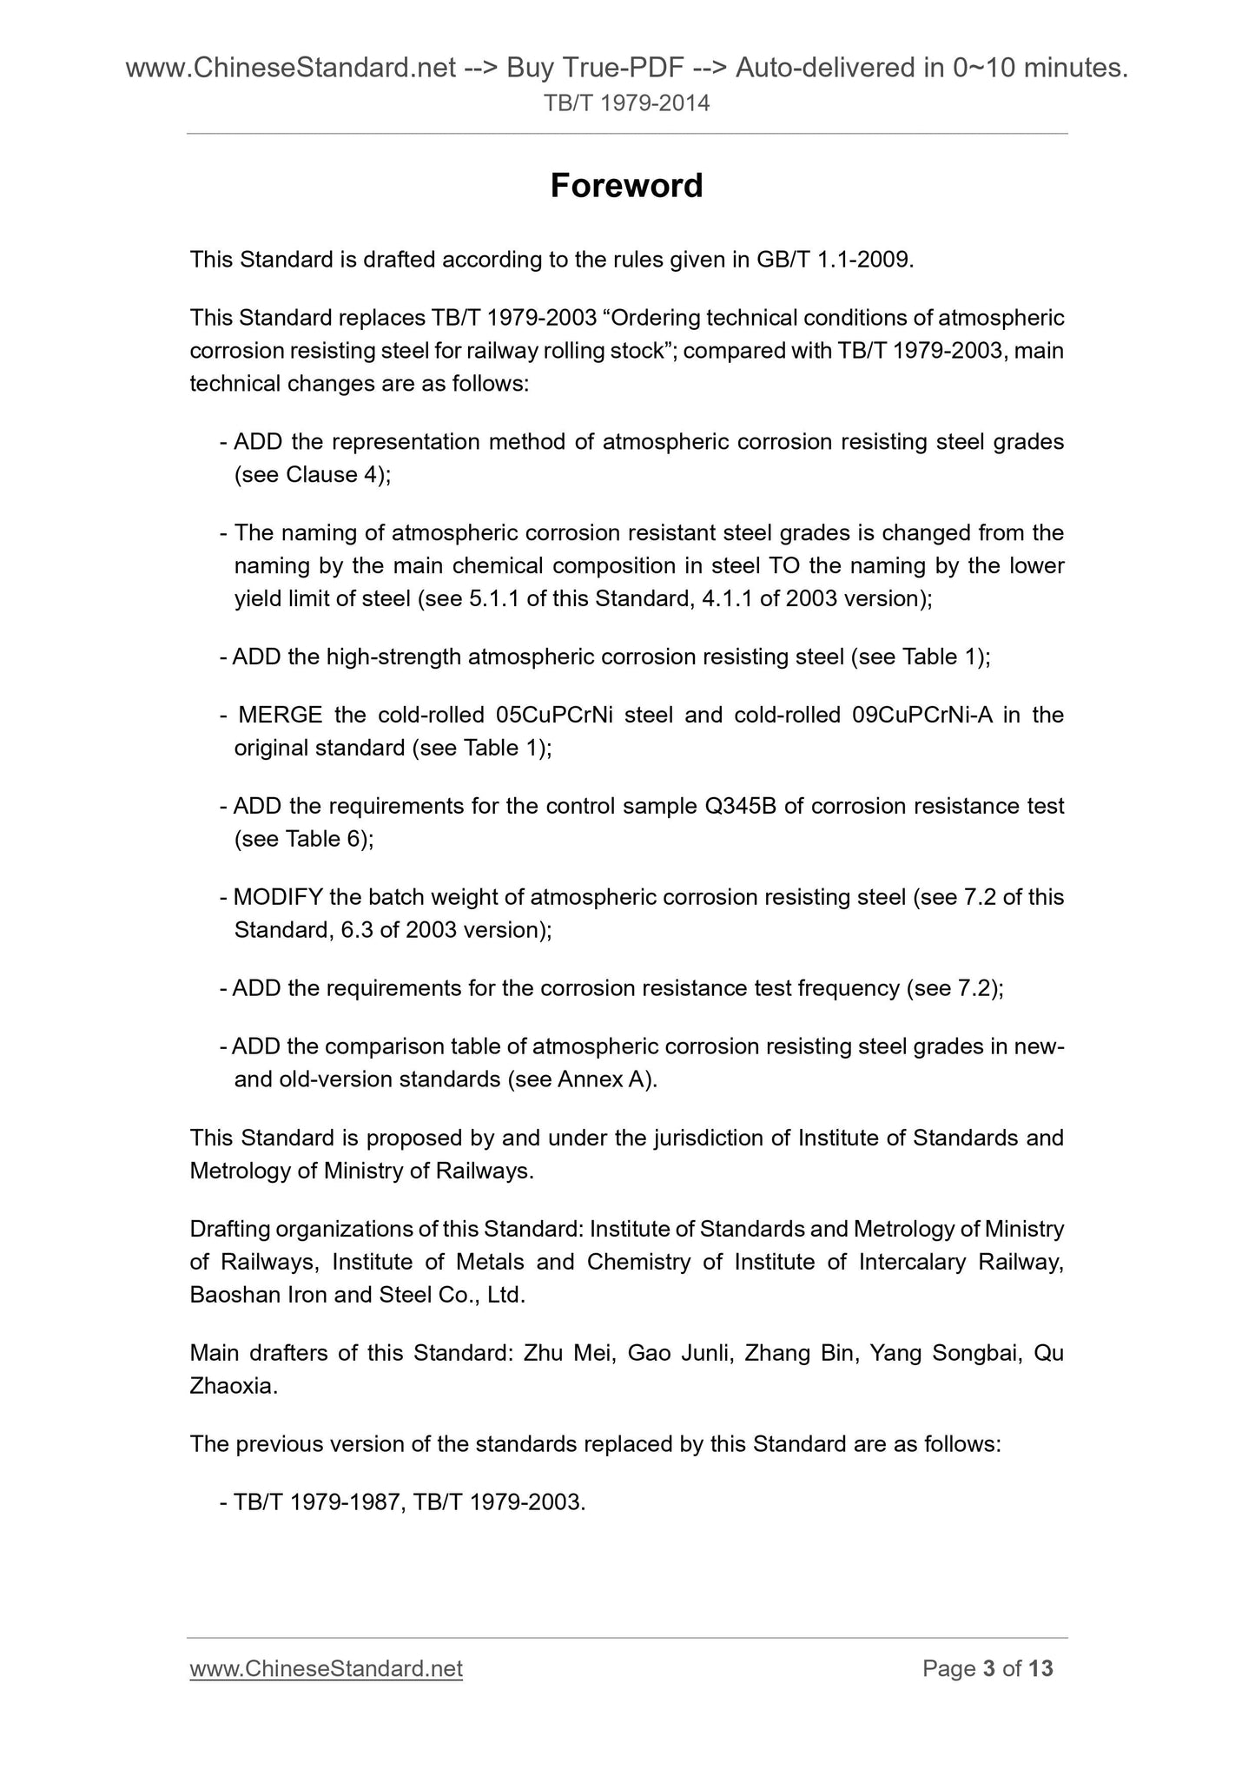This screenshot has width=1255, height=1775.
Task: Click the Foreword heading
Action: (x=626, y=186)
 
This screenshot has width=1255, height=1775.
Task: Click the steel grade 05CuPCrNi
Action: (x=552, y=715)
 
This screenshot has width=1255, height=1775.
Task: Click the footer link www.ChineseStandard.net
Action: (x=326, y=1668)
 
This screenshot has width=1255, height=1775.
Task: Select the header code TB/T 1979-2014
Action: (x=626, y=104)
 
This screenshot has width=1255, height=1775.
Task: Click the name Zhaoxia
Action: (x=233, y=1387)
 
